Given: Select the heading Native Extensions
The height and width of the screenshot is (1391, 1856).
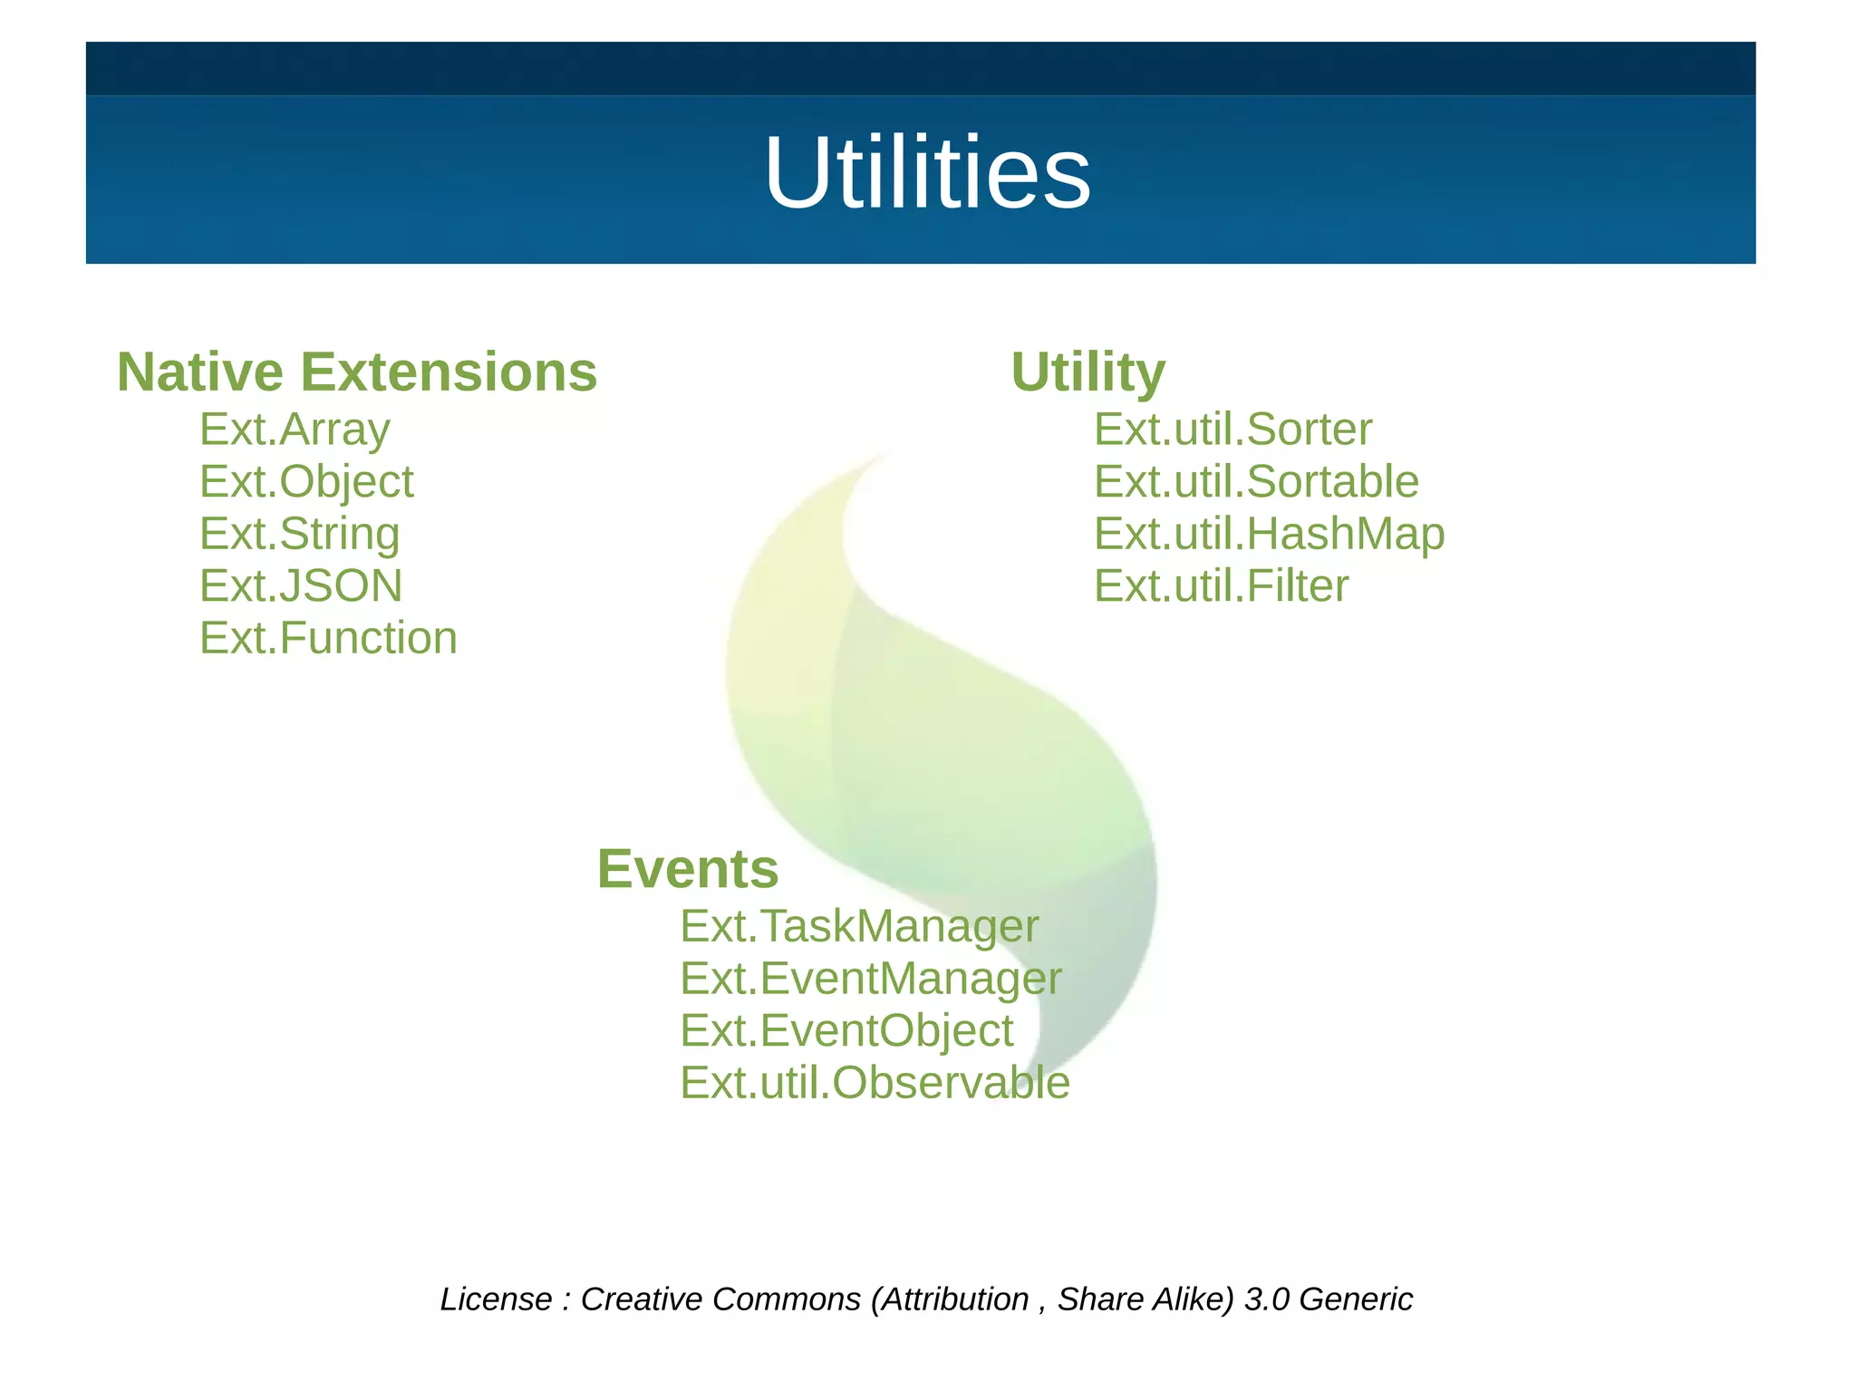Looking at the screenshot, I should coord(357,372).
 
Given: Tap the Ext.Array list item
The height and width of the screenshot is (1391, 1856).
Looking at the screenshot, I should coord(295,430).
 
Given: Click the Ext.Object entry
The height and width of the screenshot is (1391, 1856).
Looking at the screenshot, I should coord(306,482).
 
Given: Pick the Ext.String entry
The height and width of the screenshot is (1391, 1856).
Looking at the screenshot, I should coord(299,534).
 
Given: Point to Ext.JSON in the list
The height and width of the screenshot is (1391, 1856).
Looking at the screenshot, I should coord(301,586).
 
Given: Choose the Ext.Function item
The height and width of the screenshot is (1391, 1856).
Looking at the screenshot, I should coord(328,638).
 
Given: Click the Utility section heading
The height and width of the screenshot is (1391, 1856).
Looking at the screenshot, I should coord(1087,372).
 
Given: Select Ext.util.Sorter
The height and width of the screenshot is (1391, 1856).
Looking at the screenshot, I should coord(1232,430).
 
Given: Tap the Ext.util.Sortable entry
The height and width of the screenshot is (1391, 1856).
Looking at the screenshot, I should coord(1256,482).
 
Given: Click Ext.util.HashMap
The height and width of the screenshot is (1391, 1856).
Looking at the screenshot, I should coord(1269,534).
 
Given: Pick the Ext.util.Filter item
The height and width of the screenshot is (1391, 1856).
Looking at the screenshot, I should coord(1221,586).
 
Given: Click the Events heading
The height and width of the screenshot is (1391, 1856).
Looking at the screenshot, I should coord(688,869).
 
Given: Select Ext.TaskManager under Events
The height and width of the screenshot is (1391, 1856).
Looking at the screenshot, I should coord(859,926).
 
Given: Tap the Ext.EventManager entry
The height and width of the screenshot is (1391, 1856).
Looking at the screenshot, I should coord(870,979).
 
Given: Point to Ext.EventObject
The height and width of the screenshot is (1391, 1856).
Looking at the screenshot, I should coord(846,1031).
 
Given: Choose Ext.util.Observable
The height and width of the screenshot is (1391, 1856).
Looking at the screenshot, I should coord(875,1083).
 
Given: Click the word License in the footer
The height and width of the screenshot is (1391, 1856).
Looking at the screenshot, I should coord(496,1299).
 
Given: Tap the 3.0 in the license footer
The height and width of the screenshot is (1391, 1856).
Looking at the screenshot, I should coord(1266,1299).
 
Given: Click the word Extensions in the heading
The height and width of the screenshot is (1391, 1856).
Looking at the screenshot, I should coord(449,372).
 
